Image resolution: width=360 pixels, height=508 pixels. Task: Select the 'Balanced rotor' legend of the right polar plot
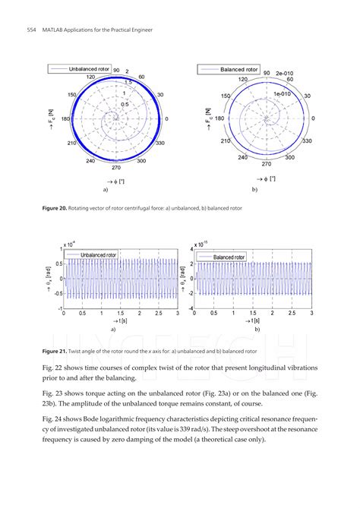coord(230,69)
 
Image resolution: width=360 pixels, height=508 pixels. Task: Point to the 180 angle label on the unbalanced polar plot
coord(65,119)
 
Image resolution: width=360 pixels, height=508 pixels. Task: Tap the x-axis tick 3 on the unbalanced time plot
coord(176,313)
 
